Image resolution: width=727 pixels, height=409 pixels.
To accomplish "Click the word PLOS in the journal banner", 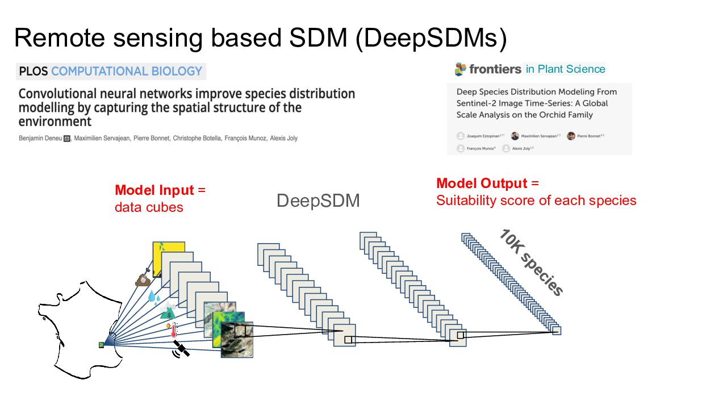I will click(34, 72).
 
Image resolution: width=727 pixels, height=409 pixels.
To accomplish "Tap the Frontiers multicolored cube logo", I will click(460, 69).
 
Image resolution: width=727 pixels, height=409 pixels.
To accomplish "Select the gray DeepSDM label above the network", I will click(318, 201).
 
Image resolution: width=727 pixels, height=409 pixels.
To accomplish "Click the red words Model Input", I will click(154, 190).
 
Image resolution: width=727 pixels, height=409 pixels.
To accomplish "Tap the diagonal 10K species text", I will click(531, 262).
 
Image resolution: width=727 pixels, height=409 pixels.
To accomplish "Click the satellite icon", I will click(181, 349).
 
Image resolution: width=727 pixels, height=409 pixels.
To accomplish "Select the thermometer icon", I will click(173, 329).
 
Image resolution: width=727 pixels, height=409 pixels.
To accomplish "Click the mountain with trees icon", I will click(168, 311).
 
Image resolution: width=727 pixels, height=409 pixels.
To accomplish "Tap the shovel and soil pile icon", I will click(143, 278).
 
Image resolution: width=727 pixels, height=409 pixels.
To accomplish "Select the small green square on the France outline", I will click(102, 344).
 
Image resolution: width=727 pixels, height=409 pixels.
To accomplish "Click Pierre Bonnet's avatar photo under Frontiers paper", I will click(571, 136).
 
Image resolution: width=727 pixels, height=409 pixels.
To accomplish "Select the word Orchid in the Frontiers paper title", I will click(544, 115).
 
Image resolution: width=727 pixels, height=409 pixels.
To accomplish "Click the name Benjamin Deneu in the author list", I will click(39, 138).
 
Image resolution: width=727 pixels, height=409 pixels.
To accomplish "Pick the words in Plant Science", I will click(565, 69).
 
